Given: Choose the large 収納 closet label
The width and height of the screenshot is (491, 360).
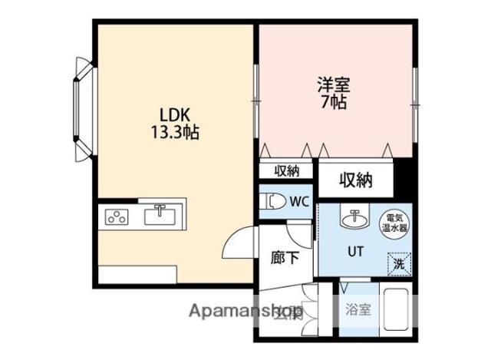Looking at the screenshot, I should point(356,180).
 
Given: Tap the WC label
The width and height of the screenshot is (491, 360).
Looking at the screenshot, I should point(298,202).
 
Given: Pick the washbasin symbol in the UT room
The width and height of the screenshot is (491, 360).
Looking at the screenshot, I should point(354,220).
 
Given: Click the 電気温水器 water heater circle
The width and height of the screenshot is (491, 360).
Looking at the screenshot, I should point(396,221).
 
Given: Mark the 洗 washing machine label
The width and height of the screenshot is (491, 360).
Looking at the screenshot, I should point(398,263).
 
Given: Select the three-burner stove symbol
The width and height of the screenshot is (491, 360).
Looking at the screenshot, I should point(118,216).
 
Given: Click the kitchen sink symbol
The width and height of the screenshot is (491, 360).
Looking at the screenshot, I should point(160,213).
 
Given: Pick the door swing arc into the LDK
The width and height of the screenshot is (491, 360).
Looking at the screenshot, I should point(235,244).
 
